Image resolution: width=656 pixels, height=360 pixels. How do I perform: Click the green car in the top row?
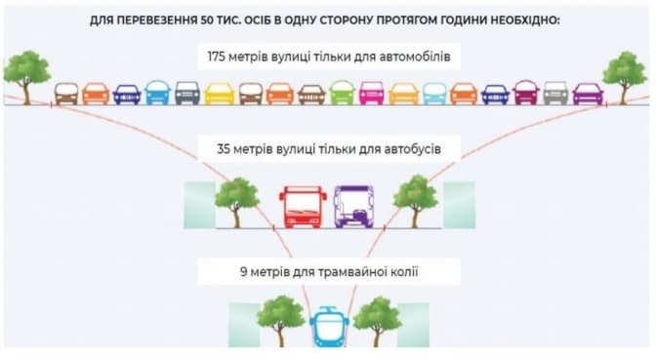pos(342,93)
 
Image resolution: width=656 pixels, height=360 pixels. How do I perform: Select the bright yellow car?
pos(220,93)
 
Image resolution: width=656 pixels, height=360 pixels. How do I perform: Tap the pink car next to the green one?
pos(372,93)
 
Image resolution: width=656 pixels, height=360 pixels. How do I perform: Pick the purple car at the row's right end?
pos(588,94)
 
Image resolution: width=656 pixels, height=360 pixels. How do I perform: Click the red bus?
pos(303,207)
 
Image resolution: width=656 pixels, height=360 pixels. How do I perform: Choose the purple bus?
pos(353,207)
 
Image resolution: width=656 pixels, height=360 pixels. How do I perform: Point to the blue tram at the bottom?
pos(329,327)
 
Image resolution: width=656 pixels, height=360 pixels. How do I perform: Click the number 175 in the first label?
pos(217,57)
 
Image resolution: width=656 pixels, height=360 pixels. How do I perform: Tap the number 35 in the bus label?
pos(224,149)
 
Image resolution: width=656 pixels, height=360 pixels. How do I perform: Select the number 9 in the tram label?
pos(243,272)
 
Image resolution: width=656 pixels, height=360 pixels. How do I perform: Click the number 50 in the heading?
pos(207,20)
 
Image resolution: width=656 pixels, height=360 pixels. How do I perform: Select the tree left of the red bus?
pos(236,202)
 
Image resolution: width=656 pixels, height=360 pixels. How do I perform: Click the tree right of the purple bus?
pos(415,202)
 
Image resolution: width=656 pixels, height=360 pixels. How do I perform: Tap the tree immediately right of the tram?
pos(378,321)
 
